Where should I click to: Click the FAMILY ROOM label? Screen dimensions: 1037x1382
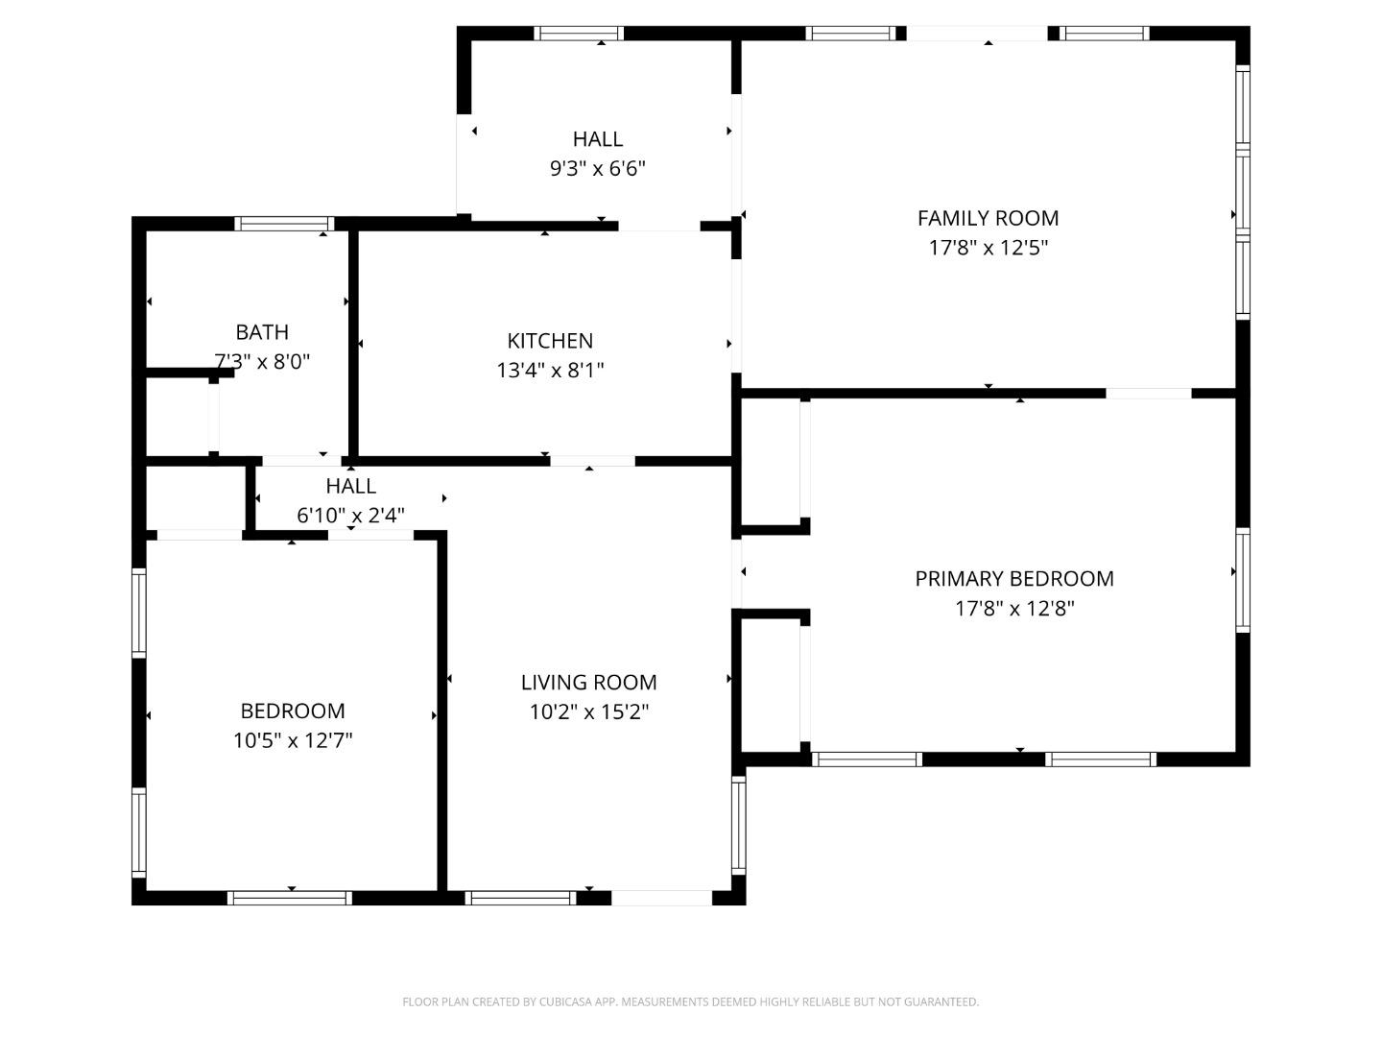988,218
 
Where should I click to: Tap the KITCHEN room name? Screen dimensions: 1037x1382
550,341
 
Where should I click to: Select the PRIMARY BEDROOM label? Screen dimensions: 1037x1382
1013,579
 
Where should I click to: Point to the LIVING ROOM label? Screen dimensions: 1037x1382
588,683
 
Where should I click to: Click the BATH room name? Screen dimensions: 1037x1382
262,332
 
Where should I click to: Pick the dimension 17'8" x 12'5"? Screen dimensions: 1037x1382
988,248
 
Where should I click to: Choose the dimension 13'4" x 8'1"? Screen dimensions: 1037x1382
550,371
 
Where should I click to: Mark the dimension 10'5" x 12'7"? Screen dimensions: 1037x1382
293,740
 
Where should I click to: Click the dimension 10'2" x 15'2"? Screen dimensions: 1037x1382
588,712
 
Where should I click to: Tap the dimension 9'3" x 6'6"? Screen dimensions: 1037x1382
597,169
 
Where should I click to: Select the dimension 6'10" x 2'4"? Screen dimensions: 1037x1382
350,516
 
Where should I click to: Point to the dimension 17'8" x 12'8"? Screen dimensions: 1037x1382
1013,609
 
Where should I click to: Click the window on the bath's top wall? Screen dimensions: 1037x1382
284,224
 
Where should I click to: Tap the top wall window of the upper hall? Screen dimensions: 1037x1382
578,34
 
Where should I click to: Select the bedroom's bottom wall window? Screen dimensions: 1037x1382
289,899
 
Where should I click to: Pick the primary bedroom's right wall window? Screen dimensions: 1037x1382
1243,579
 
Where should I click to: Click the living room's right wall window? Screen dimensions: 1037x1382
738,824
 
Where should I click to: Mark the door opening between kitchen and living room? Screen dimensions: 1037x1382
592,461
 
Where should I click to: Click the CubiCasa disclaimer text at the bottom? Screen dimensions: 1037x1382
690,1001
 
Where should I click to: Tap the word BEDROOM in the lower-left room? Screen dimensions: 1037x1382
293,711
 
